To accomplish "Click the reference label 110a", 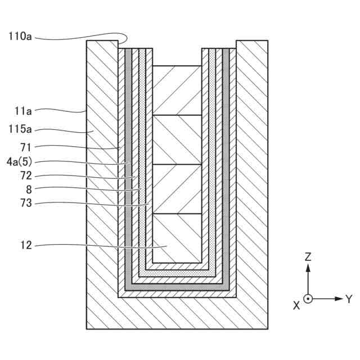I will coord(20,37).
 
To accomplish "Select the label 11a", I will coord(24,111).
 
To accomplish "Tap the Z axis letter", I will coord(308,257).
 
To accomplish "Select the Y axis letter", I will coord(349,299).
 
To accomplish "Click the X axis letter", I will coord(296,305).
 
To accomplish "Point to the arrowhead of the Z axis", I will coord(308,268).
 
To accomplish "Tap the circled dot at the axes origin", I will coord(308,299).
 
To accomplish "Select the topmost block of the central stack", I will coord(177,90).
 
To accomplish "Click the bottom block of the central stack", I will coord(177,238).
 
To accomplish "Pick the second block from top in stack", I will coord(177,139).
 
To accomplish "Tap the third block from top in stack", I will coord(177,188).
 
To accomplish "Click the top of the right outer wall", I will coord(252,42).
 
